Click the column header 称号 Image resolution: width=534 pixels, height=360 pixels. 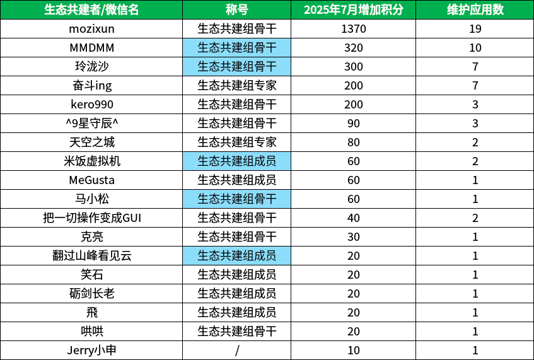pyautogui.click(x=236, y=9)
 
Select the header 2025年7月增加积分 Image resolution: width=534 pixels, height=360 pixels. pyautogui.click(x=354, y=9)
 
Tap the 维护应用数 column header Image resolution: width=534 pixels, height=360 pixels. pyautogui.click(x=475, y=9)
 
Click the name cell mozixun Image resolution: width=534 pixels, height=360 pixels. pyautogui.click(x=91, y=28)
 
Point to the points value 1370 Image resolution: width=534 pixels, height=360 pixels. pyautogui.click(x=354, y=28)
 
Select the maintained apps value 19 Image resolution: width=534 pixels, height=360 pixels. pyautogui.click(x=475, y=28)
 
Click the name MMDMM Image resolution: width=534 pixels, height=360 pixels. pyautogui.click(x=91, y=48)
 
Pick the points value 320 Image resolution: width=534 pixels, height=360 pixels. pyautogui.click(x=354, y=48)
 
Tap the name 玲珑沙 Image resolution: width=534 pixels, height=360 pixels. pyautogui.click(x=91, y=66)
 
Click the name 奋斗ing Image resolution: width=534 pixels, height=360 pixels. pyautogui.click(x=91, y=86)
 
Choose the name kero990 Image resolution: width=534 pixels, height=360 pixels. pyautogui.click(x=91, y=105)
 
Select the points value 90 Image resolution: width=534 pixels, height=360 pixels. pyautogui.click(x=354, y=124)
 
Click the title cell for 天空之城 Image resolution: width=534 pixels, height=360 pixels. pyautogui.click(x=236, y=142)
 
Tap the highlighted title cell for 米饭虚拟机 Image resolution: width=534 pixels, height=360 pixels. pyautogui.click(x=236, y=161)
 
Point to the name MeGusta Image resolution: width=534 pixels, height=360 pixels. pyautogui.click(x=91, y=180)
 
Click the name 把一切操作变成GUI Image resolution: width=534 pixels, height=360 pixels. pyautogui.click(x=91, y=218)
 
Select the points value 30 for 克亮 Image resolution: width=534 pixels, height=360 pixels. pyautogui.click(x=354, y=237)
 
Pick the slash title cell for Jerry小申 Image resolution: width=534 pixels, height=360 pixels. pyautogui.click(x=236, y=351)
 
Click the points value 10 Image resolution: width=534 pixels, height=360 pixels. pyautogui.click(x=354, y=351)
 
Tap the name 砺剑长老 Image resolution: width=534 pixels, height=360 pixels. pyautogui.click(x=91, y=294)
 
